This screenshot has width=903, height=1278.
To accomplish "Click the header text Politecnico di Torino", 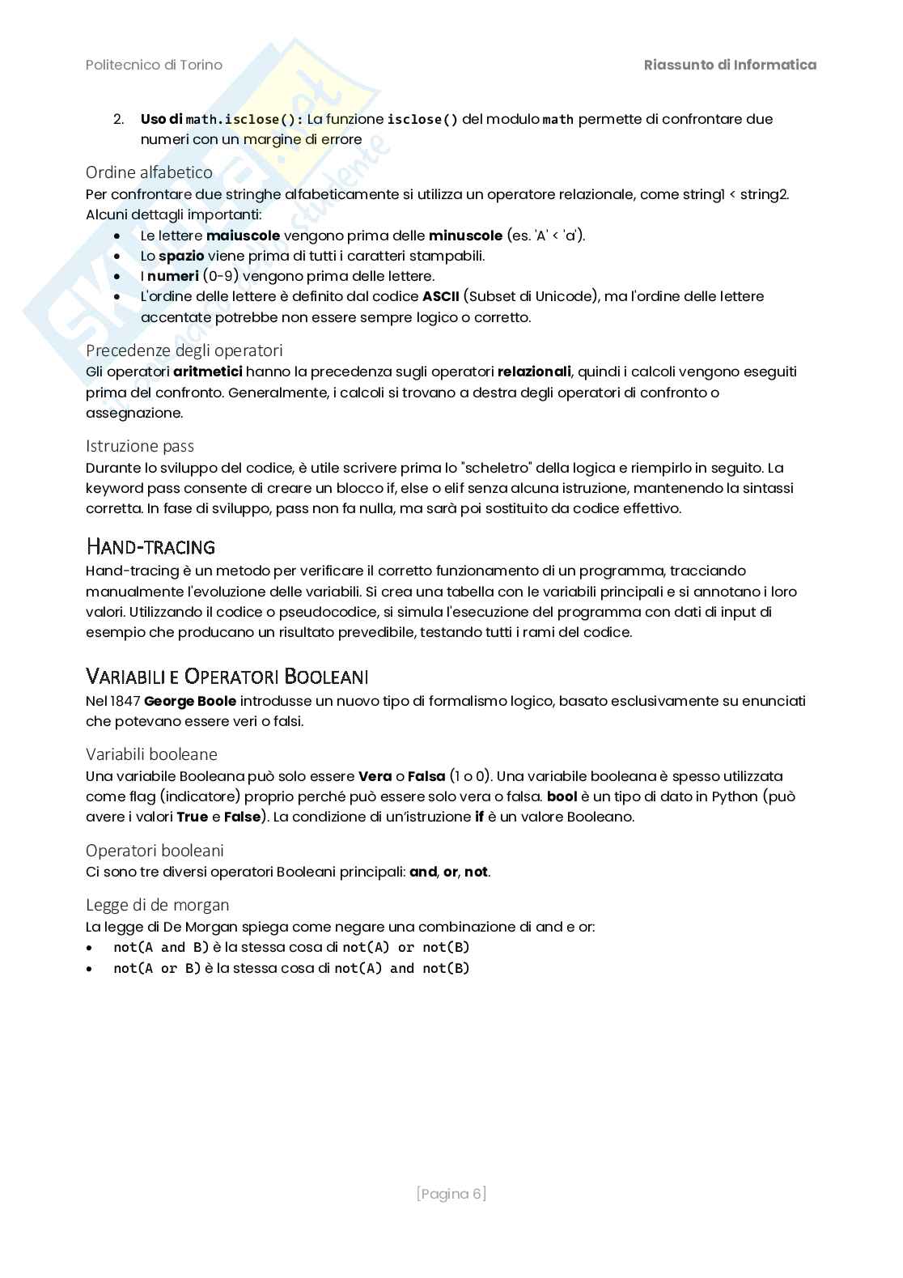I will tap(154, 65).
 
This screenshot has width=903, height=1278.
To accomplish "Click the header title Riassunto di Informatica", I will tap(730, 65).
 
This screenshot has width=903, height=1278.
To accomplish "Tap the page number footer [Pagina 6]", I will tap(451, 1194).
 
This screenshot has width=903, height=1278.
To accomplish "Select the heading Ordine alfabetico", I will tap(149, 172).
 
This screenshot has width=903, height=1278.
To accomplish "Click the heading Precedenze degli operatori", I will tap(184, 350).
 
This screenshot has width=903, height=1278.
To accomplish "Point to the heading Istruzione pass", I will tap(140, 445).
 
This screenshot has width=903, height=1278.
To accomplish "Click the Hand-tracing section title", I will tap(150, 546).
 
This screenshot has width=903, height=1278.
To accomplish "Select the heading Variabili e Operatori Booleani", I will tap(227, 676).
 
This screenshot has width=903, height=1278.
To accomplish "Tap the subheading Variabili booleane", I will tap(151, 754).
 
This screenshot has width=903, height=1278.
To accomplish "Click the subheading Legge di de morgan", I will tap(157, 904).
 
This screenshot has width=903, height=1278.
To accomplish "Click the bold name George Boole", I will tap(190, 701).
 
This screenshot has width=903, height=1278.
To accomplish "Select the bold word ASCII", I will tap(440, 296).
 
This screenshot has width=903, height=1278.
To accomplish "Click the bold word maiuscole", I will tap(243, 236).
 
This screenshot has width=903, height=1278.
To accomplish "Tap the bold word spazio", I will tap(181, 256).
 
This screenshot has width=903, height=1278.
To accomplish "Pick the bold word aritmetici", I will tap(208, 372).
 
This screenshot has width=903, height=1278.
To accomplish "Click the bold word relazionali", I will tap(534, 372).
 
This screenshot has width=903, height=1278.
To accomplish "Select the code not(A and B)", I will tap(161, 947).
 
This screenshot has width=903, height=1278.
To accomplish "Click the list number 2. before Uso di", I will tap(118, 119).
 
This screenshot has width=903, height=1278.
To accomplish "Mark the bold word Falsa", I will tap(426, 776).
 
